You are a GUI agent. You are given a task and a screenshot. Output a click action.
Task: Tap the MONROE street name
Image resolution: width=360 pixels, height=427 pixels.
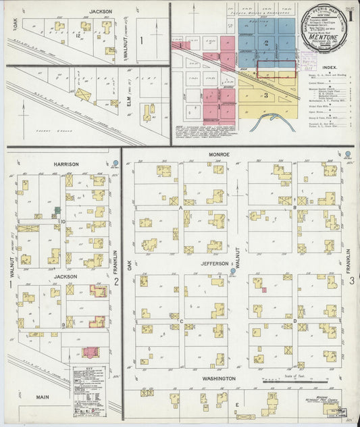218,155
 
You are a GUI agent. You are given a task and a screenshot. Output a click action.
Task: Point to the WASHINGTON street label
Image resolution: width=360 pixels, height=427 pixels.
217,379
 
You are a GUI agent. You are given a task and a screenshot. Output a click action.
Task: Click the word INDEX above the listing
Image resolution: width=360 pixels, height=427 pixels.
330,68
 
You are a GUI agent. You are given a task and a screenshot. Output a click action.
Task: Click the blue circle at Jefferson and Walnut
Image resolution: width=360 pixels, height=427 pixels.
232,271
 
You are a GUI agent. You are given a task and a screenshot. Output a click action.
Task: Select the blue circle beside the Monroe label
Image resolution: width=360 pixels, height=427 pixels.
348,155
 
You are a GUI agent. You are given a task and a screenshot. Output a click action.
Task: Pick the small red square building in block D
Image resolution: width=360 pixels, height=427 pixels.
264,290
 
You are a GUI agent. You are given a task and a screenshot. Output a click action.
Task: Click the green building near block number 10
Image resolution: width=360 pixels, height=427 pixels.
57,211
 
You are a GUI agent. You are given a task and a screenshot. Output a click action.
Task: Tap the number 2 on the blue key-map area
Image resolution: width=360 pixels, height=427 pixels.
267,43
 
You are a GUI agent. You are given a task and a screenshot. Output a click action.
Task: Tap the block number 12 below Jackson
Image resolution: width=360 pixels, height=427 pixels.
79,34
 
